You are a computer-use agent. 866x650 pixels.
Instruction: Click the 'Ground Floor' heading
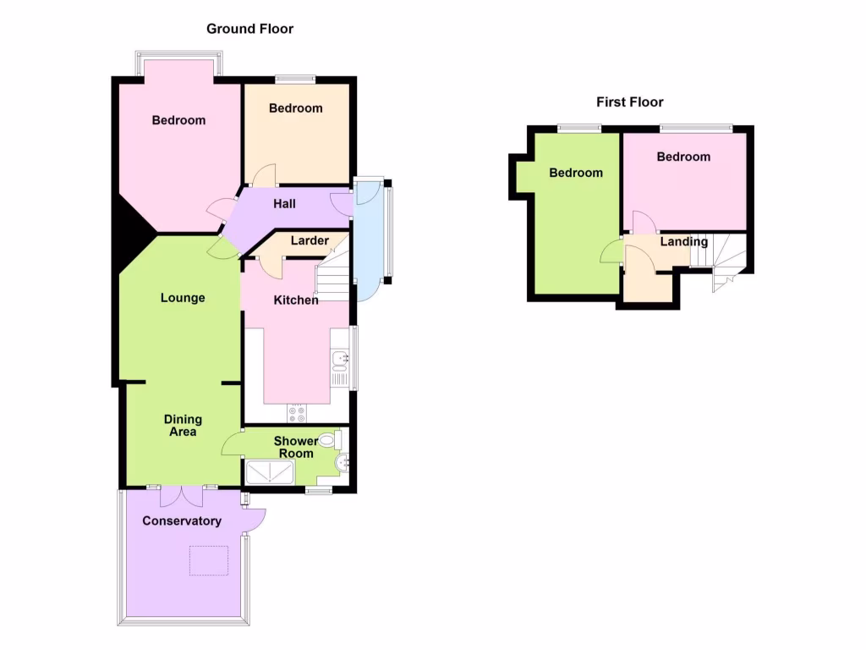(249, 29)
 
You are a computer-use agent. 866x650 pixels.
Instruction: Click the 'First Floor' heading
(630, 102)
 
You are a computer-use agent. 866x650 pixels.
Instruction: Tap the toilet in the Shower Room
(338, 439)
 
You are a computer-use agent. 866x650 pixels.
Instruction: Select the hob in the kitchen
(297, 414)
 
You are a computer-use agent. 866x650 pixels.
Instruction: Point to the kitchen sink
(340, 361)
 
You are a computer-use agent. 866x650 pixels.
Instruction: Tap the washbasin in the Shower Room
(343, 463)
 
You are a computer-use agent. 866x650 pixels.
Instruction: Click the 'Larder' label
(310, 241)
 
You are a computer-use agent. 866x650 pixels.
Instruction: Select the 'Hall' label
(284, 204)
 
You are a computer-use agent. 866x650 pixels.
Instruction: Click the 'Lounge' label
(183, 298)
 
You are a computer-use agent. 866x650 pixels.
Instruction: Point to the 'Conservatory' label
(182, 521)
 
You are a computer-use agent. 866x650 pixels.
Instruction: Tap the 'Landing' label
(684, 242)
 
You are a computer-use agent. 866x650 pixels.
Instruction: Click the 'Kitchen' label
(296, 300)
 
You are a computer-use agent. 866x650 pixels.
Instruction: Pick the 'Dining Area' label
(183, 426)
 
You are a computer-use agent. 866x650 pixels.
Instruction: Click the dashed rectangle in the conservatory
(209, 560)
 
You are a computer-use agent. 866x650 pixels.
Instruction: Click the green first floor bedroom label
(576, 173)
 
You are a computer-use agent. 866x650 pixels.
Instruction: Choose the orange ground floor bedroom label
(296, 108)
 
